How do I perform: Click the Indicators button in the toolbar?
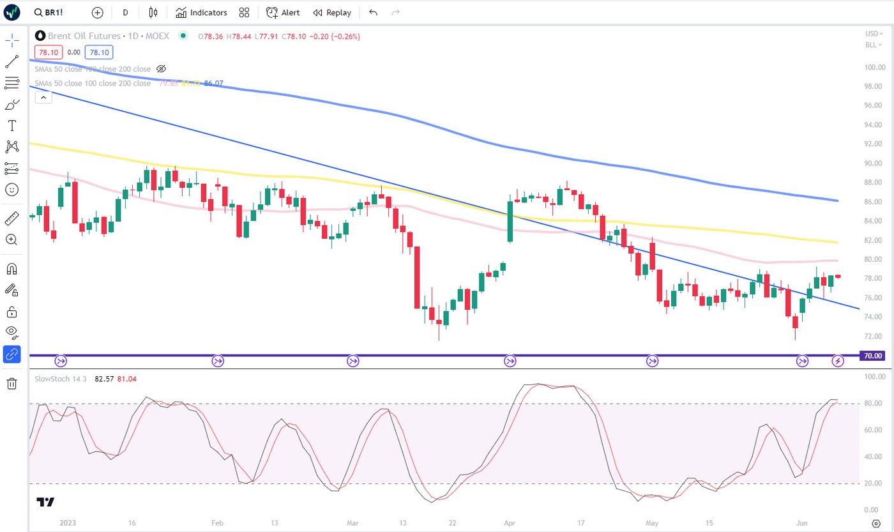point(201,12)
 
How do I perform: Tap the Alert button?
point(283,12)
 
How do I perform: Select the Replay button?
point(332,12)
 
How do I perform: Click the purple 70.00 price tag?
point(872,356)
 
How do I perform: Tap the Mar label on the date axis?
point(352,522)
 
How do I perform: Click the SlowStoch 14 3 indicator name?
point(61,379)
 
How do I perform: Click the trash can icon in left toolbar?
point(12,383)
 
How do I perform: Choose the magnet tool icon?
point(12,268)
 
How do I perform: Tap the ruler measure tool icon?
point(12,218)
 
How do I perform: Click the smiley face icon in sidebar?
point(12,190)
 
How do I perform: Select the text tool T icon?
point(12,126)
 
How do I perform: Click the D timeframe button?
point(125,12)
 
